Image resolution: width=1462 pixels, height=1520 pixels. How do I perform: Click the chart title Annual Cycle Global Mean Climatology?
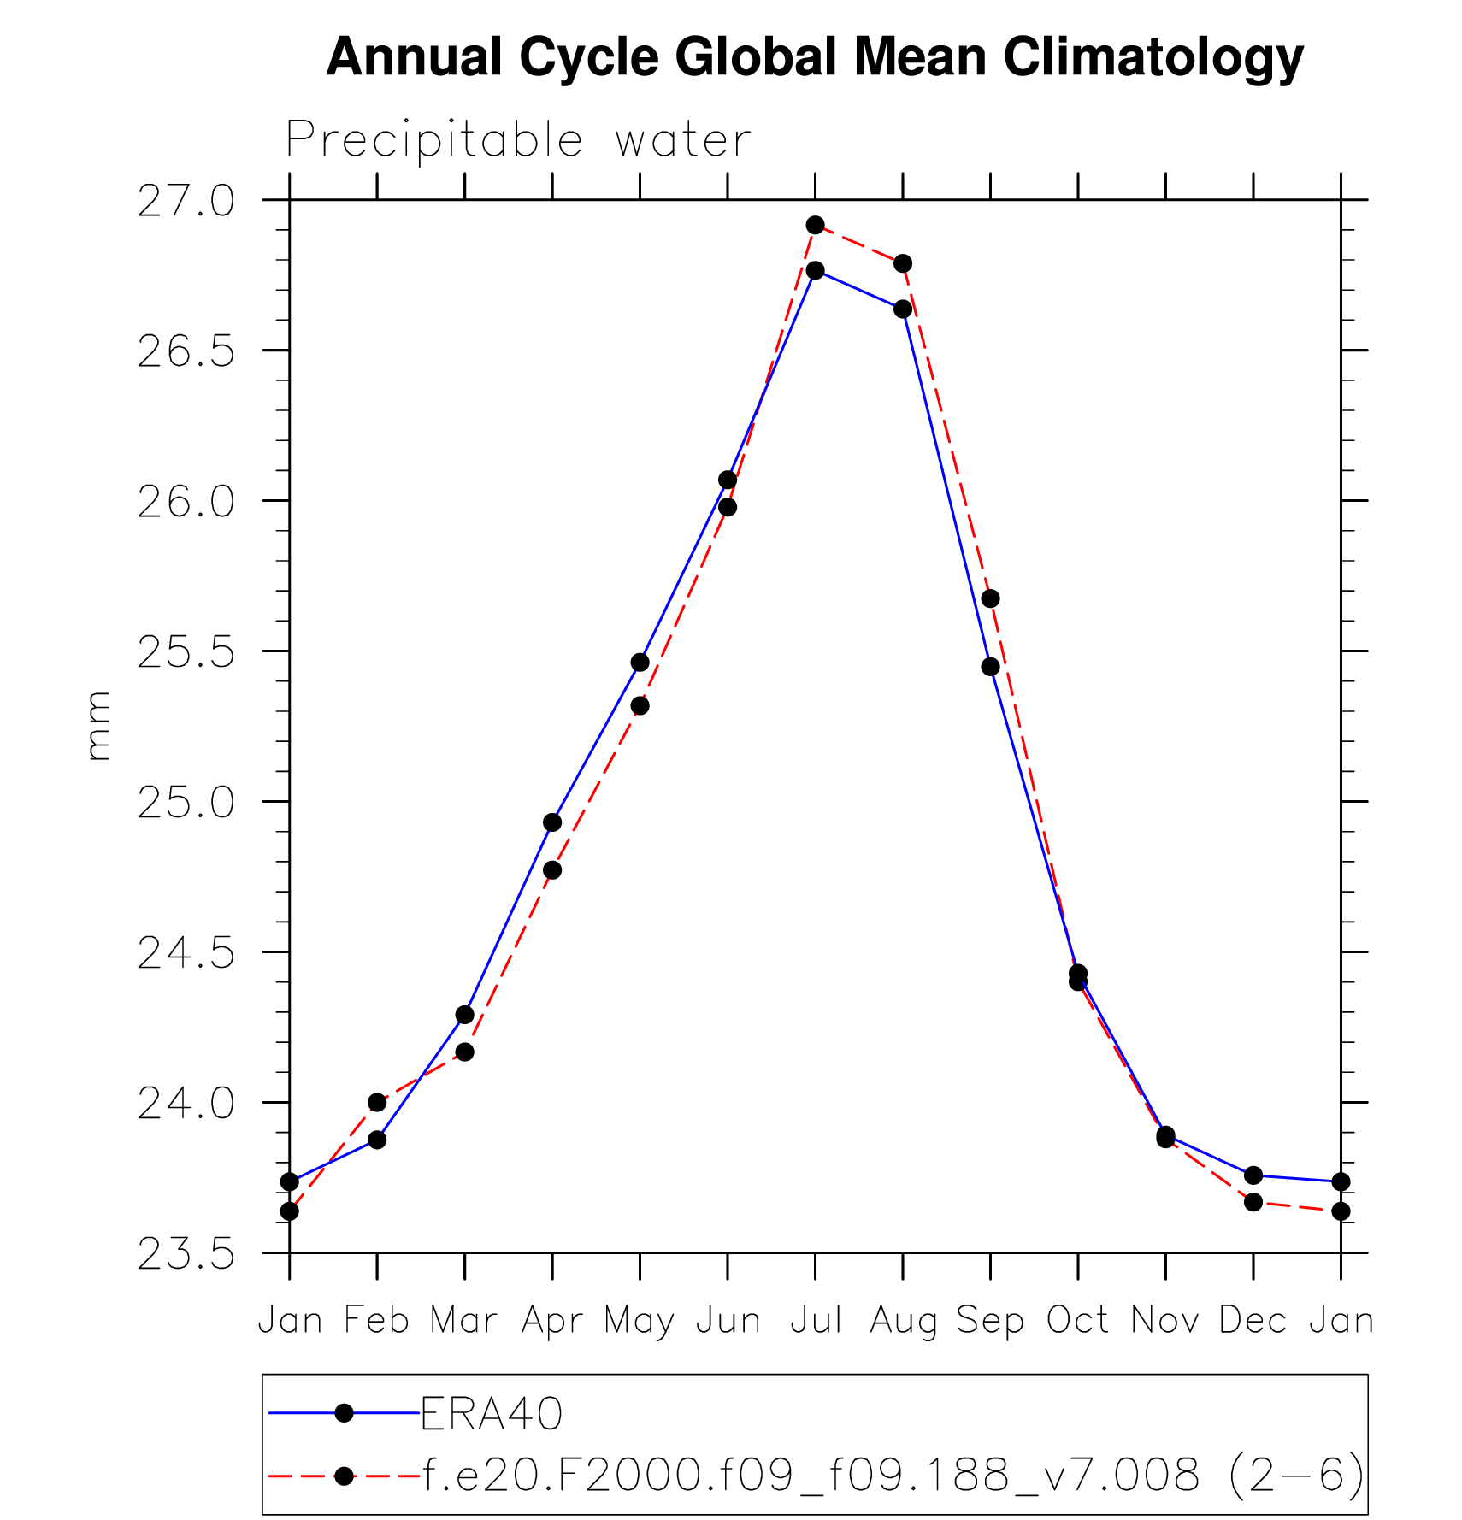tap(814, 57)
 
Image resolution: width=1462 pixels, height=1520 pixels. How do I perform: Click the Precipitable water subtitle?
tap(518, 140)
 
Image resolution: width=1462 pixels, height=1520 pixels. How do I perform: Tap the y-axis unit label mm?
tap(99, 726)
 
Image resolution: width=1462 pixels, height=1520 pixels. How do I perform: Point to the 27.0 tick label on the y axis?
tap(186, 202)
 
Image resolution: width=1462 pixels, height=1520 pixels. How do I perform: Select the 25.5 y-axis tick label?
tap(186, 653)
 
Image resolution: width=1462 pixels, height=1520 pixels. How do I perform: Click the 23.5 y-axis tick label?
tap(186, 1255)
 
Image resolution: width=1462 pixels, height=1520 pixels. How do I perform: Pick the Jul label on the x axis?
tap(816, 1321)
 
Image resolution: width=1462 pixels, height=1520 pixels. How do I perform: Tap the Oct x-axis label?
tap(1077, 1321)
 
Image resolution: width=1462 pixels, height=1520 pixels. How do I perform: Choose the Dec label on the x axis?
tap(1253, 1321)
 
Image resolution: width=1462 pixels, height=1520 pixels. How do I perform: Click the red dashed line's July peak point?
tap(815, 225)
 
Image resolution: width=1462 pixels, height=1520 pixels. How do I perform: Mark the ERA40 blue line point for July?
tap(815, 270)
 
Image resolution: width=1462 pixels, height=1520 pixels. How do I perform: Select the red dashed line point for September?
tap(990, 598)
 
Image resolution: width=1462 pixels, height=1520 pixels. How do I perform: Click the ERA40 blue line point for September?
tap(990, 667)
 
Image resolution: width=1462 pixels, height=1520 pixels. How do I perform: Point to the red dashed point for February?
tap(377, 1102)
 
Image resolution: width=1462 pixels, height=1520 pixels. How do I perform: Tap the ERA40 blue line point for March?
tap(464, 1015)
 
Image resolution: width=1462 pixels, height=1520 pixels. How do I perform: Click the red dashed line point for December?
tap(1253, 1202)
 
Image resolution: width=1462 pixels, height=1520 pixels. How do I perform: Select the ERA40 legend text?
tap(492, 1413)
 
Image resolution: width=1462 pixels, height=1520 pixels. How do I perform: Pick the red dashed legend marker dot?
tap(344, 1476)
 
